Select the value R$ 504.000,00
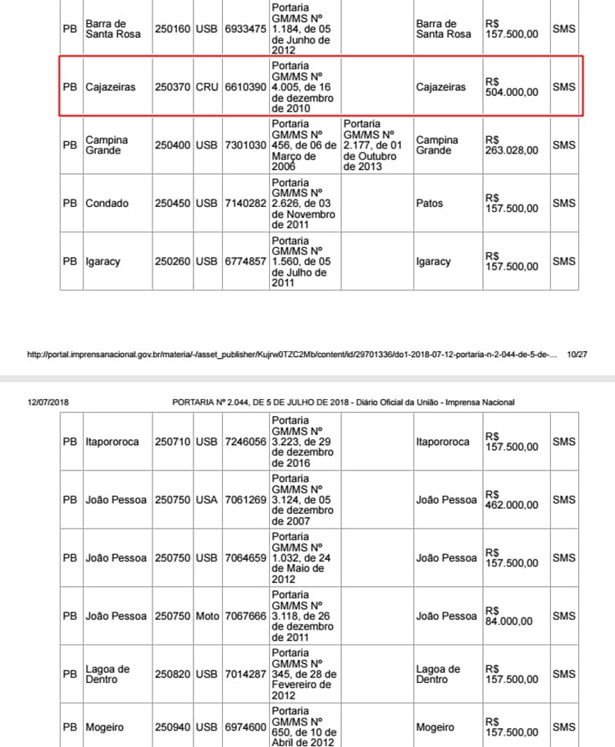[x=512, y=87]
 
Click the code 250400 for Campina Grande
[x=173, y=145]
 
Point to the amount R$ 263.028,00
[x=512, y=145]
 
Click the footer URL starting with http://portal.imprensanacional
[x=292, y=355]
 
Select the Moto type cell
[x=207, y=616]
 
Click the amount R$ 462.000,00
[x=512, y=500]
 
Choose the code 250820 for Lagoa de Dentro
[x=173, y=675]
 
